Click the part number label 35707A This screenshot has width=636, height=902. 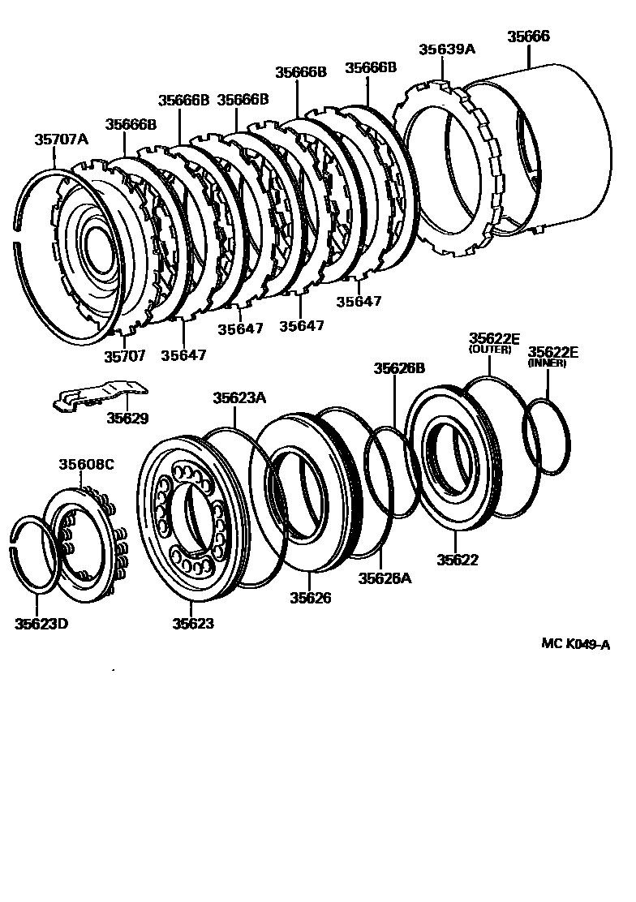pyautogui.click(x=60, y=140)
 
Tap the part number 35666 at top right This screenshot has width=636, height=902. pyautogui.click(x=528, y=37)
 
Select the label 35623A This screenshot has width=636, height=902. pyautogui.click(x=239, y=397)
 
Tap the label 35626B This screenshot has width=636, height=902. pyautogui.click(x=399, y=368)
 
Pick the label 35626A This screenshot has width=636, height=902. pyautogui.click(x=385, y=578)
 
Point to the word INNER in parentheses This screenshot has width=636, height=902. pyautogui.click(x=548, y=363)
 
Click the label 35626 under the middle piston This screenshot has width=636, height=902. pyautogui.click(x=311, y=598)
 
